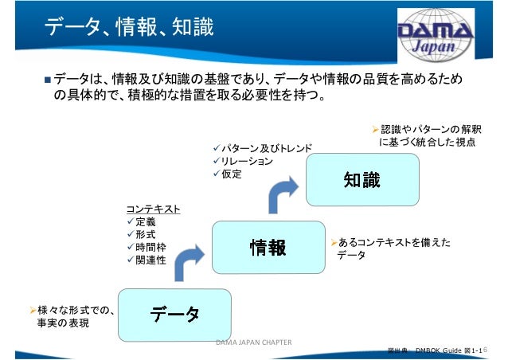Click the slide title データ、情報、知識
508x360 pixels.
point(127,29)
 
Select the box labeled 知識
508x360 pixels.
point(362,181)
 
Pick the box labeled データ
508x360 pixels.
point(175,315)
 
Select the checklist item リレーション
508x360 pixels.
point(246,161)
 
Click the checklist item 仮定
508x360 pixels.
point(232,174)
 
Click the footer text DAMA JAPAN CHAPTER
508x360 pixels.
point(254,342)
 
